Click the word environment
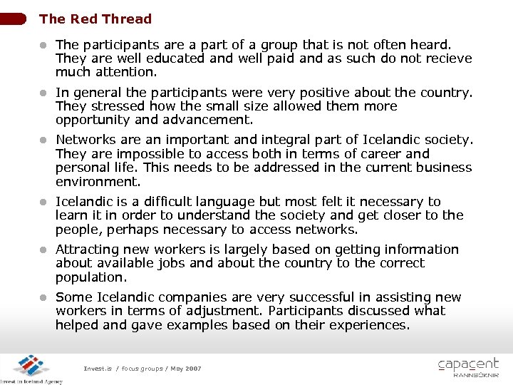tap(93, 181)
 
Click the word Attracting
tap(89, 250)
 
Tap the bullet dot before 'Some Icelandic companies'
tap(43, 298)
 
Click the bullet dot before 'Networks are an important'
tap(43, 140)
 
